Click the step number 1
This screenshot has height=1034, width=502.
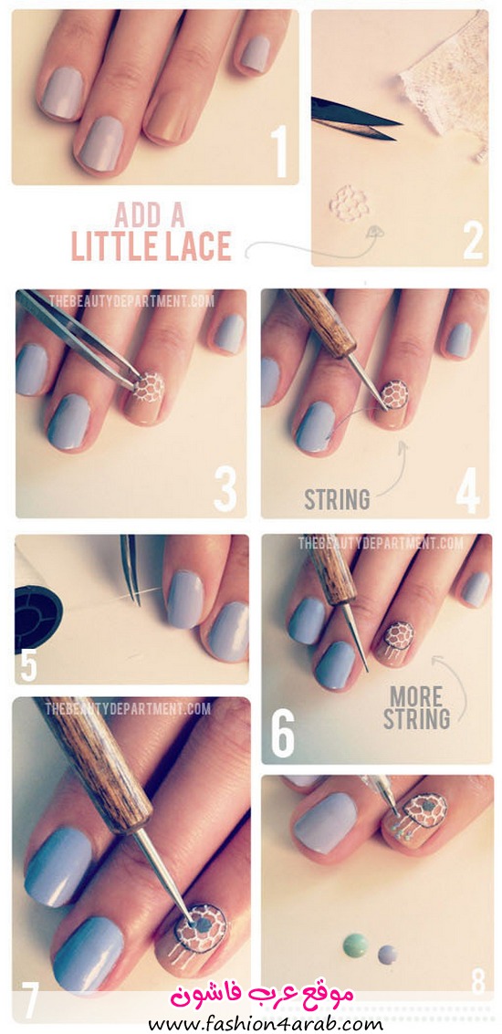(282, 151)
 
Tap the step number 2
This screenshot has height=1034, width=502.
(473, 241)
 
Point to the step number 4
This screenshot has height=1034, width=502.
(467, 491)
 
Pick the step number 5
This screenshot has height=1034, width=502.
(28, 663)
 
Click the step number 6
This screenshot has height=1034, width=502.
(282, 733)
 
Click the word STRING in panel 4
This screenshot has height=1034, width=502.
(337, 500)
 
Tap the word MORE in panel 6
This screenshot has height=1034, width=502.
(416, 696)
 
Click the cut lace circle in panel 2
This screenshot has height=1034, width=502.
(349, 204)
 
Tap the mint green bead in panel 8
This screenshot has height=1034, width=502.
(355, 945)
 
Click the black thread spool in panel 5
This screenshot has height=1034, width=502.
(37, 608)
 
